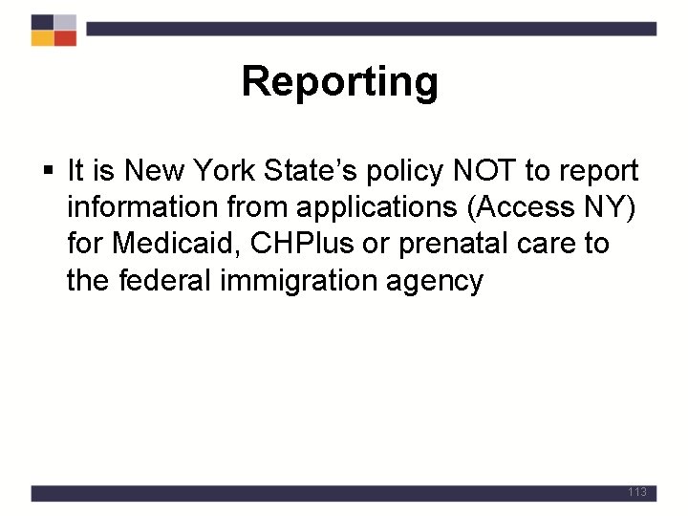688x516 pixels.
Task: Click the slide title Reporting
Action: click(339, 82)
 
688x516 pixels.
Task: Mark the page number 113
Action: click(637, 492)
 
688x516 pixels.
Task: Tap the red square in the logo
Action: click(65, 38)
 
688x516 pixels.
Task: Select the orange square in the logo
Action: click(42, 38)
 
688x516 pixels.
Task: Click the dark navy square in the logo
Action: click(42, 22)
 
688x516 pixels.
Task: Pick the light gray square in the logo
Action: click(65, 22)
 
